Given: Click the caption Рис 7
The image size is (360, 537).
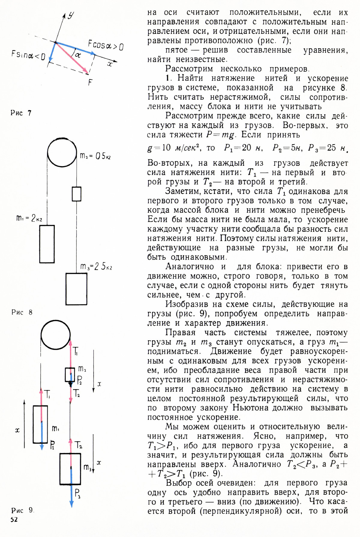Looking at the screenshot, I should click(x=21, y=113).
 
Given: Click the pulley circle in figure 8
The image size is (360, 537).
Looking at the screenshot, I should click(x=62, y=153).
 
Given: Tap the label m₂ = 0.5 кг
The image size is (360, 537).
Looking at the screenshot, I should click(x=95, y=156).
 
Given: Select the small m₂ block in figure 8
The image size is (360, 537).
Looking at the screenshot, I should click(x=76, y=194).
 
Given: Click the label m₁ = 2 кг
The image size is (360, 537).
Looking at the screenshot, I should click(x=29, y=218).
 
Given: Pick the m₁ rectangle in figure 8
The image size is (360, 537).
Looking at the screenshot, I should click(x=47, y=244).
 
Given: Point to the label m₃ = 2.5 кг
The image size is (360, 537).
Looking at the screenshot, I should click(x=96, y=266).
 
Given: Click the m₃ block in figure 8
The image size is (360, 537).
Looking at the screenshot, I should click(x=76, y=289).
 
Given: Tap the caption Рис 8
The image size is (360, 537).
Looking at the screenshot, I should click(x=22, y=312).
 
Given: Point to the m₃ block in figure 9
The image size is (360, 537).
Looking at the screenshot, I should click(x=70, y=469).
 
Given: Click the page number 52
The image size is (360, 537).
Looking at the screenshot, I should click(x=14, y=520).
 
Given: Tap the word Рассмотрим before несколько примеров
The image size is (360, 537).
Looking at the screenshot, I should click(x=189, y=69).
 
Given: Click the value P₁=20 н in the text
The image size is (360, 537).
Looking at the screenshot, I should click(x=243, y=148).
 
